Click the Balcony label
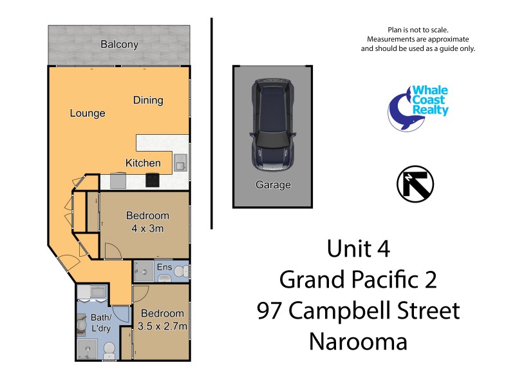(x=119, y=45)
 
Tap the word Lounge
(x=88, y=114)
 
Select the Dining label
(x=148, y=100)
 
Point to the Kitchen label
(x=143, y=163)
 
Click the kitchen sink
(x=180, y=163)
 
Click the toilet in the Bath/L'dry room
(x=109, y=350)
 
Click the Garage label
(x=273, y=185)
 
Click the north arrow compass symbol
(x=415, y=183)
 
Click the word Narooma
(x=358, y=341)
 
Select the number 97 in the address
(x=270, y=311)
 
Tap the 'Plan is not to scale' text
(x=417, y=30)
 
